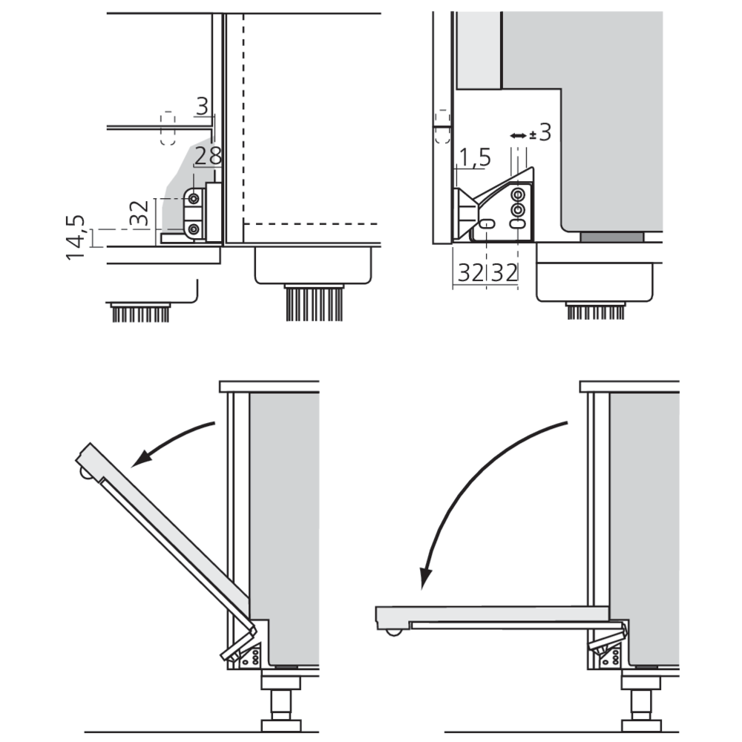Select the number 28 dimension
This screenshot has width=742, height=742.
point(208,157)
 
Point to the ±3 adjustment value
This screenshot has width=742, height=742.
point(540,133)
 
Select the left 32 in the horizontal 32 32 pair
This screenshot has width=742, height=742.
point(470,273)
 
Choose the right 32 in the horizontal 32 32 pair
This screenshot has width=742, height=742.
point(504,273)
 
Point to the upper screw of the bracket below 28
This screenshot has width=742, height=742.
point(194,199)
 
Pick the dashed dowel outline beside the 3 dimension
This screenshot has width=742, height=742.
point(167,128)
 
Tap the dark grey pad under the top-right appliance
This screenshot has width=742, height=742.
point(611,237)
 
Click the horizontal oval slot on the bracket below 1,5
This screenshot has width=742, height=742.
point(486,223)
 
